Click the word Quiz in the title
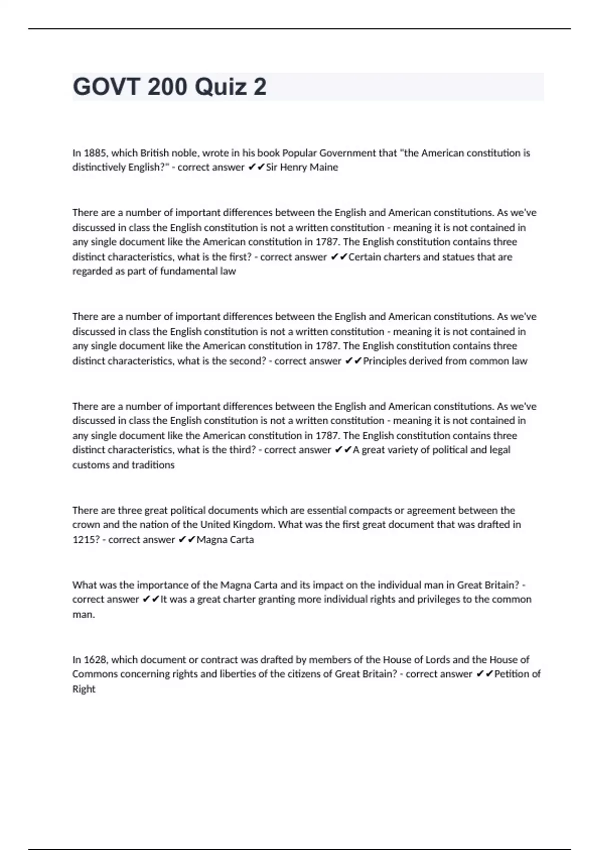click(x=220, y=87)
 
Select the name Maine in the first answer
click(x=324, y=167)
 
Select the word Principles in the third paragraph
click(x=384, y=361)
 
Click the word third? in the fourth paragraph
click(x=242, y=450)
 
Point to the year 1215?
click(x=86, y=540)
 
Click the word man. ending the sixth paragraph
click(x=83, y=614)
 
